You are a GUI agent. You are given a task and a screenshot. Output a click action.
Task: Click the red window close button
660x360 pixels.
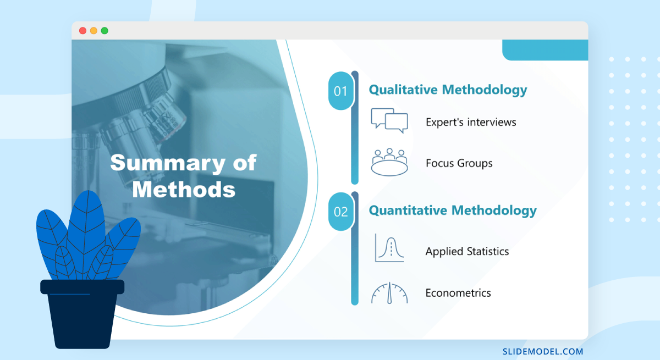83,31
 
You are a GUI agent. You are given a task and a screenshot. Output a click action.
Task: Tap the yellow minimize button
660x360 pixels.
94,31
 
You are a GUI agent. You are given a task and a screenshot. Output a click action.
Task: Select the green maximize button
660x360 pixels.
105,31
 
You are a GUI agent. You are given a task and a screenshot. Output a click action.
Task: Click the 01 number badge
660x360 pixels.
341,91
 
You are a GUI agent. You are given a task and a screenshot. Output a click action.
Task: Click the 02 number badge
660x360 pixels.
341,212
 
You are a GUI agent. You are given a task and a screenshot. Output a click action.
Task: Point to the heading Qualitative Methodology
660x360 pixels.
448,90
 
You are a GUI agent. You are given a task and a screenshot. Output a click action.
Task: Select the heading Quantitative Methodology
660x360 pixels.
452,210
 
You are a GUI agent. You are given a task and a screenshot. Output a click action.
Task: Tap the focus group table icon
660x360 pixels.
389,162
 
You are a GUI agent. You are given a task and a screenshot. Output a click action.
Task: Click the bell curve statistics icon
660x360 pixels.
389,248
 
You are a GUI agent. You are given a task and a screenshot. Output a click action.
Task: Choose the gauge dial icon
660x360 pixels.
389,293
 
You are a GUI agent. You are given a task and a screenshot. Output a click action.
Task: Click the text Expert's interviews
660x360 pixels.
471,122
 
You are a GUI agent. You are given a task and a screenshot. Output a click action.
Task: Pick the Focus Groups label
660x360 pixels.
459,163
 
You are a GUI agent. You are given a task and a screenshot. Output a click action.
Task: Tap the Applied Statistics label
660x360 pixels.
467,251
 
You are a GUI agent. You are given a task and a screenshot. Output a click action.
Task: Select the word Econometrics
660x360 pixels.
458,293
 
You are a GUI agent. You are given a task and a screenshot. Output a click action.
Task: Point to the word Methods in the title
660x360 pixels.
184,190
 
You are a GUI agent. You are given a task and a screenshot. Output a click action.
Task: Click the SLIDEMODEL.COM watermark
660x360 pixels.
543,351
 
